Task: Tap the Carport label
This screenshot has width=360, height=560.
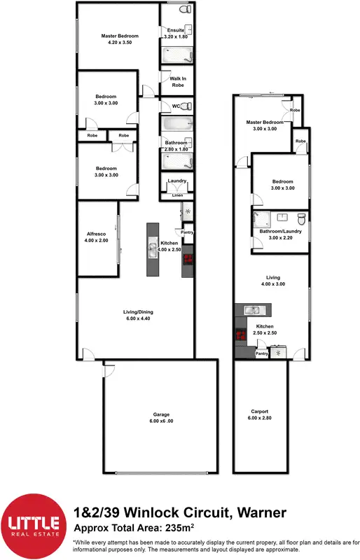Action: [260, 412]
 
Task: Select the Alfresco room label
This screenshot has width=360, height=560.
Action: [96, 235]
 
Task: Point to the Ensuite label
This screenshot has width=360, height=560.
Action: [175, 30]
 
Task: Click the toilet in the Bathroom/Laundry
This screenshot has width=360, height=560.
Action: [300, 217]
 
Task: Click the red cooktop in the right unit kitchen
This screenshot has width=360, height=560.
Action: [240, 335]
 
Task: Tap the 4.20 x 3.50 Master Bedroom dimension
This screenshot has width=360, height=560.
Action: [119, 43]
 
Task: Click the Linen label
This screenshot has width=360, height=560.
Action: [177, 195]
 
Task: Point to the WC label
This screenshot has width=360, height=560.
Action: [166, 106]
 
